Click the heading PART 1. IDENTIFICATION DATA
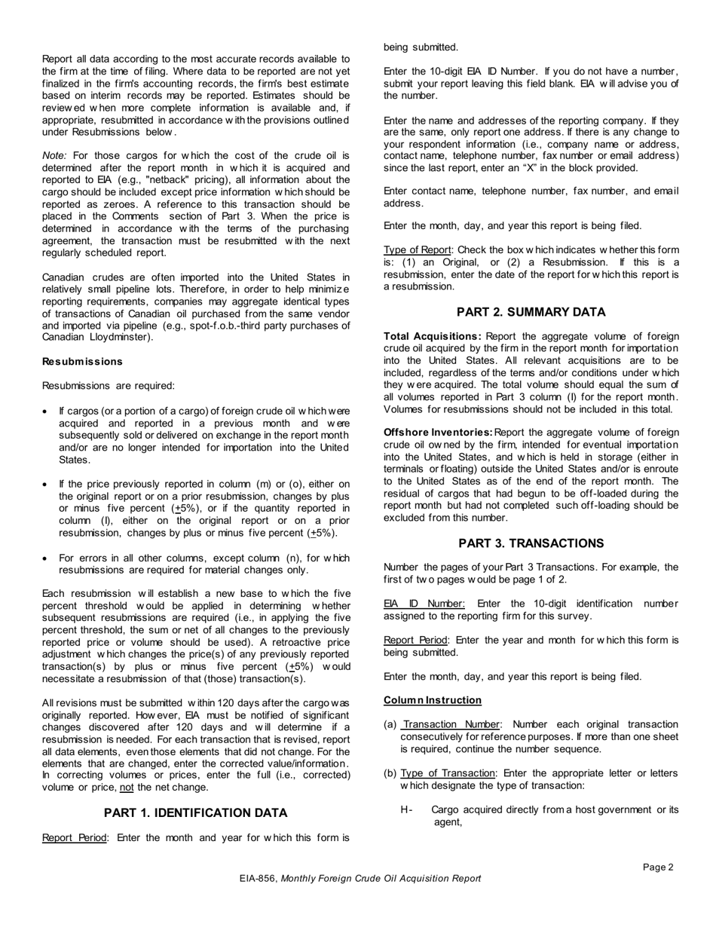click(195, 812)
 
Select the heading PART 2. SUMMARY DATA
click(531, 312)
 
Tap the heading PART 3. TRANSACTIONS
click(531, 543)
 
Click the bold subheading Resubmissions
click(82, 362)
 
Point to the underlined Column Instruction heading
click(433, 700)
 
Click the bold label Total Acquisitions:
click(433, 336)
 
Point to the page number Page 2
click(658, 867)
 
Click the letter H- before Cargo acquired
click(407, 810)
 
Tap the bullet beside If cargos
click(46, 411)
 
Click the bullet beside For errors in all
click(46, 558)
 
